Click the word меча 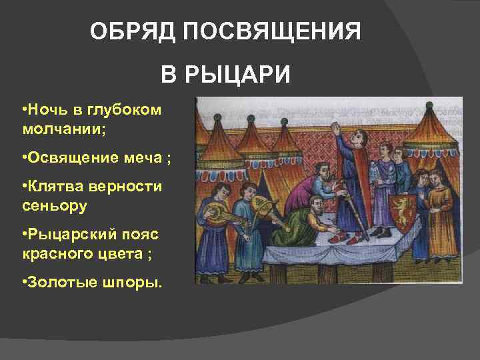[147, 158]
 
